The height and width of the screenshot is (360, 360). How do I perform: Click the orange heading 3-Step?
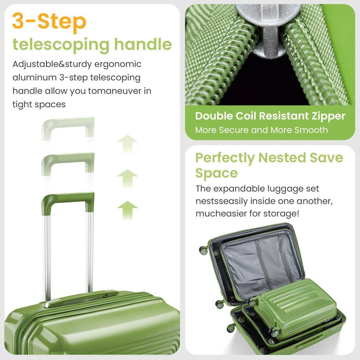[x=49, y=22]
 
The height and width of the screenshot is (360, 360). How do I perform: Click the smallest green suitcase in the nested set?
[x=295, y=306]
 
